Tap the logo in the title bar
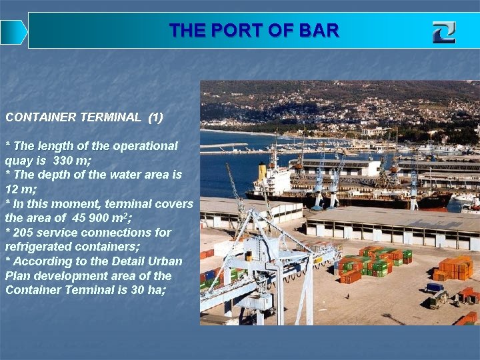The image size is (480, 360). click(x=443, y=32)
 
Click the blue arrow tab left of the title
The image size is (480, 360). click(x=13, y=32)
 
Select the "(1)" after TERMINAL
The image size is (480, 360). click(x=155, y=117)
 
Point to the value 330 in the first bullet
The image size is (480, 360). click(x=64, y=161)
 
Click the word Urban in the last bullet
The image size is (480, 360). click(x=163, y=261)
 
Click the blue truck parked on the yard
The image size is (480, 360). click(x=435, y=288)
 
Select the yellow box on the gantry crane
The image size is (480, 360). click(x=248, y=256)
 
